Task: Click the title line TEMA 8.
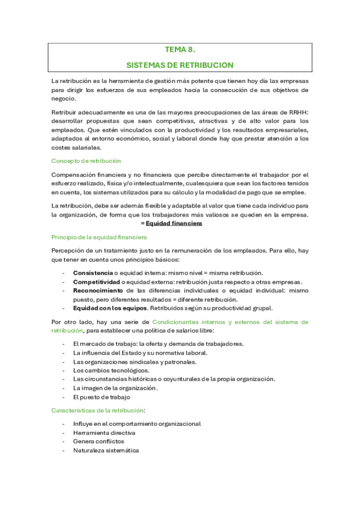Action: pos(180,51)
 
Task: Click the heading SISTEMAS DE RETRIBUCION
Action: pos(180,64)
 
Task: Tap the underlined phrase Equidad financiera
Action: pos(174,224)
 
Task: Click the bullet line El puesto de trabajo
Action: pos(101,397)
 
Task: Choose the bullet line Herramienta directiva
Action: pos(104,432)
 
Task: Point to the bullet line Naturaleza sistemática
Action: pos(106,450)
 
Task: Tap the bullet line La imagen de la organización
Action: pos(114,388)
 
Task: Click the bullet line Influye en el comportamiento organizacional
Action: pos(136,423)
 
